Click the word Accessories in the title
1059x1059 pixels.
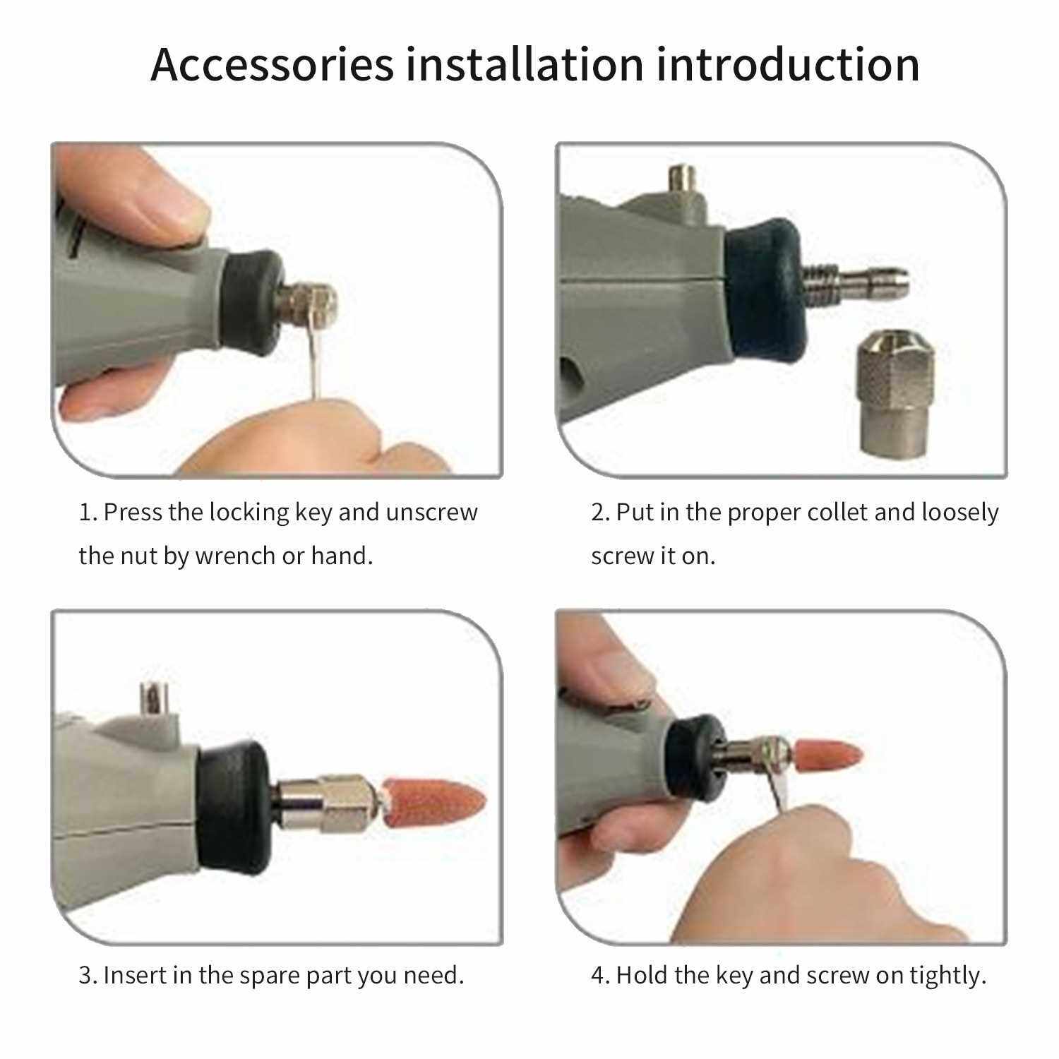point(273,65)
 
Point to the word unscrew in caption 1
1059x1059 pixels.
point(432,513)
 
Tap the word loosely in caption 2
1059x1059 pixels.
point(960,513)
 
